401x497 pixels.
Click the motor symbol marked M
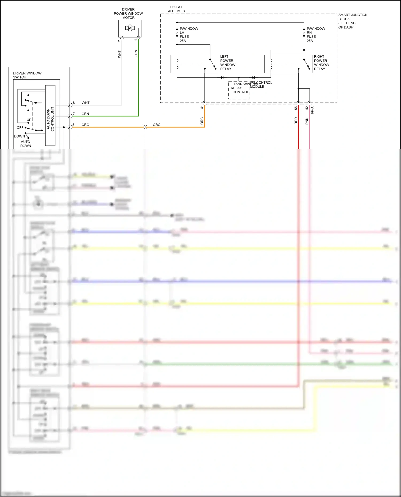tap(130, 28)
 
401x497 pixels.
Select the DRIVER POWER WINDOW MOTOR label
tap(128, 13)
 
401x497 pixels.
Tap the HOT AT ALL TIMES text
tap(176, 9)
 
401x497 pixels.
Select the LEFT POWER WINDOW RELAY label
tap(228, 63)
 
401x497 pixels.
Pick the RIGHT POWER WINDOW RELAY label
tap(321, 63)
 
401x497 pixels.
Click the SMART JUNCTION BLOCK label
tap(352, 21)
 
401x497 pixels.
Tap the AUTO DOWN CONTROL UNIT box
tap(50, 116)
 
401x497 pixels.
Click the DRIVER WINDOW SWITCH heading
tap(27, 75)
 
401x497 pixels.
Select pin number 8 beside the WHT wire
tap(74, 103)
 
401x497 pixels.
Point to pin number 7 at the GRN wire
tap(74, 114)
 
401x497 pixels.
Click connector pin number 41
tap(202, 107)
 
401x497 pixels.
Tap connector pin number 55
tap(296, 108)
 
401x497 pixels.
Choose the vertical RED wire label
tap(296, 121)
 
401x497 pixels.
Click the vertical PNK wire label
tap(307, 121)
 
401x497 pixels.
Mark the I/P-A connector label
tap(312, 110)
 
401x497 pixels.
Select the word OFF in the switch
tap(20, 128)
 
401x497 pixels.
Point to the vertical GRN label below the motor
tap(136, 53)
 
